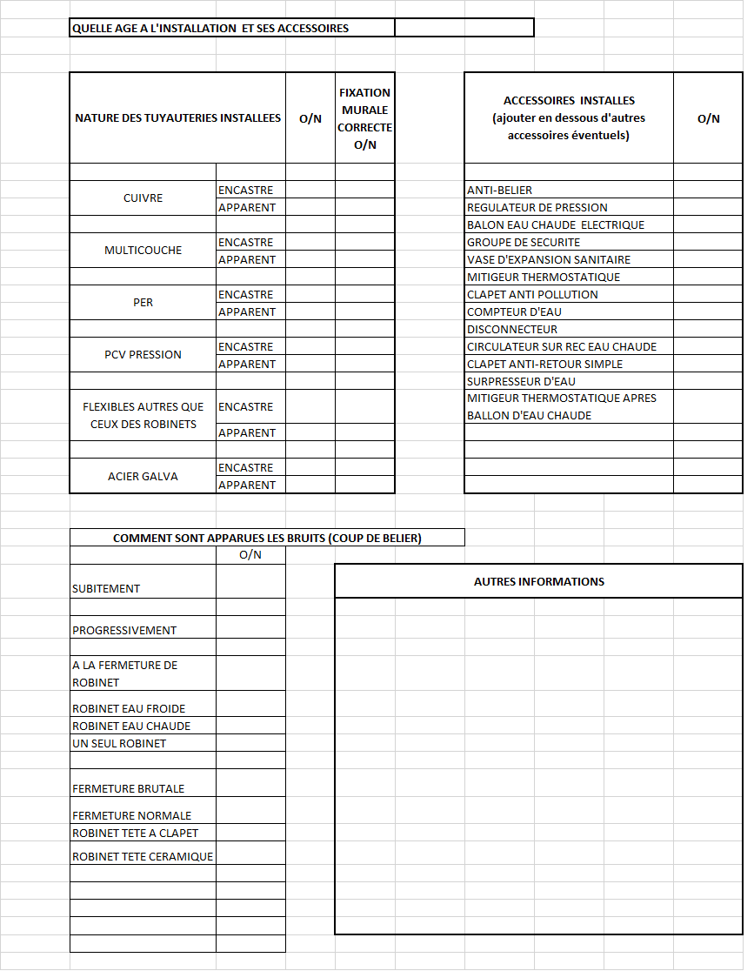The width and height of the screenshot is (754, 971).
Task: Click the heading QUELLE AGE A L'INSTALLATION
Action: coord(210,28)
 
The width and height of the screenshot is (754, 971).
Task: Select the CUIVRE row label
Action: coord(143,198)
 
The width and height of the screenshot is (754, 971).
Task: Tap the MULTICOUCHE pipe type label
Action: coord(143,251)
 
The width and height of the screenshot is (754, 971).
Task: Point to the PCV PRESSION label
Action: coord(143,355)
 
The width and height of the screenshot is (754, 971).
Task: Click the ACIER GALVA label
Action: coord(143,477)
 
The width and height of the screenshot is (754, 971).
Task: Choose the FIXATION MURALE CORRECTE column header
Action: coord(365,118)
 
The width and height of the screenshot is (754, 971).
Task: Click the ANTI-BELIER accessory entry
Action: coord(499,191)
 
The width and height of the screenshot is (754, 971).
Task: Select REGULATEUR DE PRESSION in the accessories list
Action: coord(537,208)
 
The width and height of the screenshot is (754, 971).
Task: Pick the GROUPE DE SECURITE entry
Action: coord(524,243)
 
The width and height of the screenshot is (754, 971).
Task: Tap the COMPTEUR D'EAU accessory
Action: coord(514,312)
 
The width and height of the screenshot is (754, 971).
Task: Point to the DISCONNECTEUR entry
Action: coord(512,330)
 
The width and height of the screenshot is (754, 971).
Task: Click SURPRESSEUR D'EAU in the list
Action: coord(521,382)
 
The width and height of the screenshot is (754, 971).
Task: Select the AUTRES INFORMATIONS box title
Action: coord(539,582)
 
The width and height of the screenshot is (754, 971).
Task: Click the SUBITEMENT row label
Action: coord(106,589)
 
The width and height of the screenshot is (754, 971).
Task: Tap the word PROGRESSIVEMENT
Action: coord(124,631)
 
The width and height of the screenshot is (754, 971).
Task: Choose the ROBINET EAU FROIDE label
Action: coord(129,709)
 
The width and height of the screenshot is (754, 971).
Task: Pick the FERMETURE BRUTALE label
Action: coord(128,789)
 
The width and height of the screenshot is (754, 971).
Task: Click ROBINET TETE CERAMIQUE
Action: coord(143,857)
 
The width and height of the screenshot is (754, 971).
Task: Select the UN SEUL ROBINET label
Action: coord(119,744)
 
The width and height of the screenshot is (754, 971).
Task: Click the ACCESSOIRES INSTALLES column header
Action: coord(569,118)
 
